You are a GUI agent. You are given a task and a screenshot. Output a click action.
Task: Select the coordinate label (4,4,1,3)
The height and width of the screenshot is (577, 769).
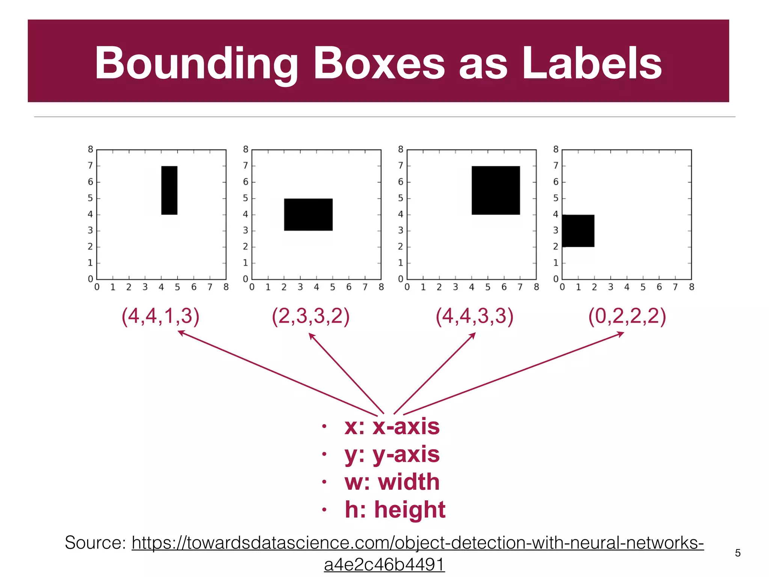click(160, 316)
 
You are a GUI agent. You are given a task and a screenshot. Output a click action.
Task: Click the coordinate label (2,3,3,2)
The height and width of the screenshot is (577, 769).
click(311, 316)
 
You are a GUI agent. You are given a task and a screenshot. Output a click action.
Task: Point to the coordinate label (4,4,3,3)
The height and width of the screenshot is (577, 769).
click(474, 316)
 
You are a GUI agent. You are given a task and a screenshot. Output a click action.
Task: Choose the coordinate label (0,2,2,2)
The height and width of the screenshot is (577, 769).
click(627, 316)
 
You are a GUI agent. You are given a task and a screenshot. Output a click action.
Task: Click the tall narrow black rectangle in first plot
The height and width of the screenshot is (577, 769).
click(169, 190)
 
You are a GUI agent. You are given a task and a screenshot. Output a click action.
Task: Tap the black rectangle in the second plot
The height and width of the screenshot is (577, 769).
click(308, 214)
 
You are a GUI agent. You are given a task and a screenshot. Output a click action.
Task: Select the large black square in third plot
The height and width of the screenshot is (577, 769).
click(496, 190)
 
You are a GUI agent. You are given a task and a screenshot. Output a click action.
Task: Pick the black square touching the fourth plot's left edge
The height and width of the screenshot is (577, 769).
click(578, 231)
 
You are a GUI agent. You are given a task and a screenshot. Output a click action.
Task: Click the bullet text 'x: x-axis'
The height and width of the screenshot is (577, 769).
click(392, 427)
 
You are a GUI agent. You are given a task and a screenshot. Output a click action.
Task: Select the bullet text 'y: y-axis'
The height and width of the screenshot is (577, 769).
click(392, 455)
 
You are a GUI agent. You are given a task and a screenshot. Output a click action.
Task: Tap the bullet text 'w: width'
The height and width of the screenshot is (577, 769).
click(392, 482)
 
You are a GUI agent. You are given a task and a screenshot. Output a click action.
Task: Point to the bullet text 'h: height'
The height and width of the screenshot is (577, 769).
click(395, 510)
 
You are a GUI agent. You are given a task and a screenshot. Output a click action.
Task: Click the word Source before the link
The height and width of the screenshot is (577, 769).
click(95, 542)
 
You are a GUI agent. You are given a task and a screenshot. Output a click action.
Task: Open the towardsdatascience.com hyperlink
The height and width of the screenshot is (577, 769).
click(417, 543)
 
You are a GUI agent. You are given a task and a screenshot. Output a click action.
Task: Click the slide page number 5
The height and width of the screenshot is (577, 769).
click(738, 553)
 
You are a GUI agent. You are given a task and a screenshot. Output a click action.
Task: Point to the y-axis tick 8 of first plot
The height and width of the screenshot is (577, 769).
click(90, 150)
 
